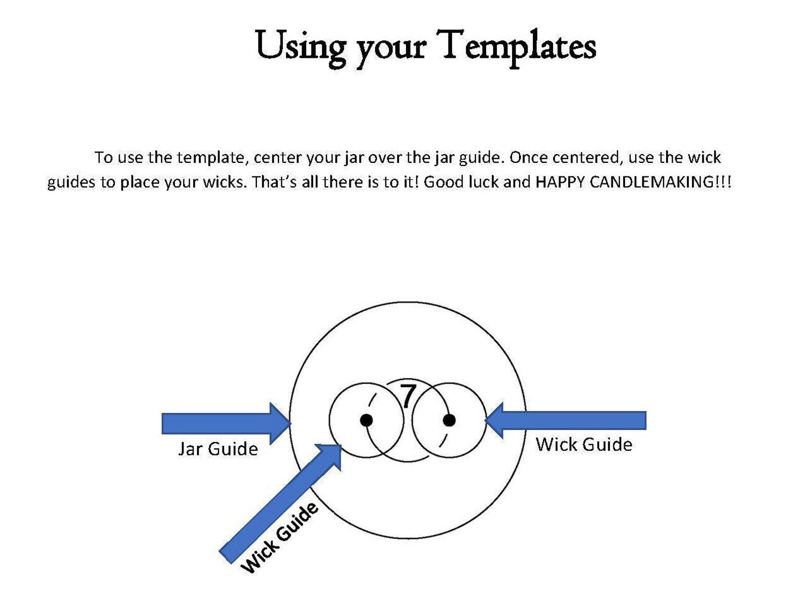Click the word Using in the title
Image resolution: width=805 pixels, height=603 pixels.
[301, 47]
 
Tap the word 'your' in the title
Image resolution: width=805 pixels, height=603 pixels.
[391, 51]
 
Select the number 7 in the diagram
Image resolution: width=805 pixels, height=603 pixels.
[407, 396]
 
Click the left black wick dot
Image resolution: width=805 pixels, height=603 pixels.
[366, 420]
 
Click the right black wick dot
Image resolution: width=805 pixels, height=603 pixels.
[449, 420]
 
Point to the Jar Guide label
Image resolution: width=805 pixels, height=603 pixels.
[218, 449]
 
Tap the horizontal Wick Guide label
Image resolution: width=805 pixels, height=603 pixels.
[584, 444]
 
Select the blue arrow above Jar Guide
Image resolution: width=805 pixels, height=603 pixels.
[226, 423]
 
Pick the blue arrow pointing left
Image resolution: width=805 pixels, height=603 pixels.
[565, 420]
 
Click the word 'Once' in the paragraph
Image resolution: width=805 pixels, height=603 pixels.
[528, 157]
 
